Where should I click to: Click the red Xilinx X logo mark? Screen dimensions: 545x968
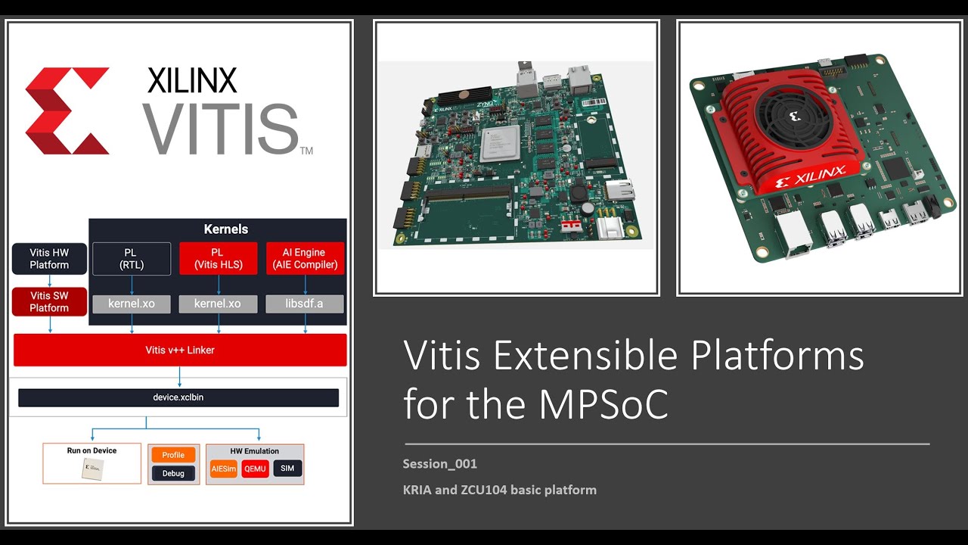point(67,111)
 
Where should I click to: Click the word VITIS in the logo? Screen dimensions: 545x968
point(221,129)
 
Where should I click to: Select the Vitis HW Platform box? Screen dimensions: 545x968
point(49,259)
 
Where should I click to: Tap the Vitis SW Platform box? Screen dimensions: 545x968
point(49,302)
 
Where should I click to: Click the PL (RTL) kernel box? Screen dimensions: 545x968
point(132,259)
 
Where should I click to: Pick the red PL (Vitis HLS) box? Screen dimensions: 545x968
point(218,259)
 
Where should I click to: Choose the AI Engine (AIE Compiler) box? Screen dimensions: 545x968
point(305,259)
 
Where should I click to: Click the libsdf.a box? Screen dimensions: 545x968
point(305,304)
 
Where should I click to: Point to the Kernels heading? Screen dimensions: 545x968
point(225,229)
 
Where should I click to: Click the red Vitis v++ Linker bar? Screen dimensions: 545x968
point(180,350)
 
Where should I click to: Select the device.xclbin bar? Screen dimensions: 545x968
point(178,397)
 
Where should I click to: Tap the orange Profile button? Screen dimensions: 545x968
point(173,455)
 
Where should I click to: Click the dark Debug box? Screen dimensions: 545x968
point(173,474)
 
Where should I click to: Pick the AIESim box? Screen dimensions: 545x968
point(223,469)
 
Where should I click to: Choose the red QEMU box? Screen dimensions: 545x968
point(255,469)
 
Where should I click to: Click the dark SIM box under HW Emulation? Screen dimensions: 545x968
point(287,469)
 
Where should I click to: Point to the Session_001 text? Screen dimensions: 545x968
point(439,464)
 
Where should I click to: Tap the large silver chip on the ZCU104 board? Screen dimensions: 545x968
point(500,143)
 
